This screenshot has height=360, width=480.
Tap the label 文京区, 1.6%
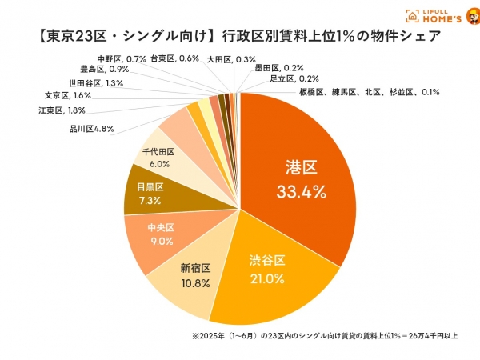tap(68, 96)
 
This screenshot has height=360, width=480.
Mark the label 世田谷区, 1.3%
tap(95, 82)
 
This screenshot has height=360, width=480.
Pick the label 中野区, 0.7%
tap(121, 58)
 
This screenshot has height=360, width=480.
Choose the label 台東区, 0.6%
tap(175, 58)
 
